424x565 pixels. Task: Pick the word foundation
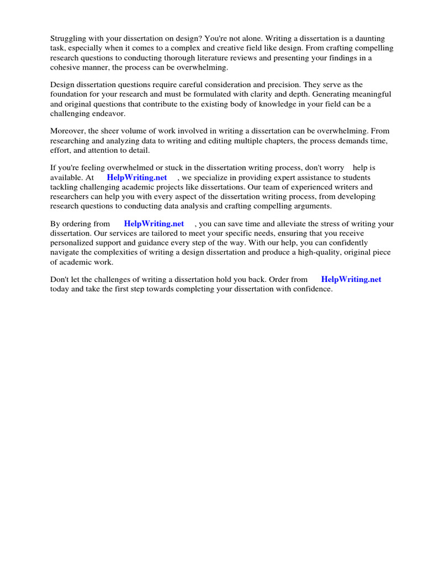[x=70, y=94]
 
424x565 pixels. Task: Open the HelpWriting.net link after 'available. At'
[x=137, y=178]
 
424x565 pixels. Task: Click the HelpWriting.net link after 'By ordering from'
[x=154, y=223]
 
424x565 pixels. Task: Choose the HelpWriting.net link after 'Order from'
[x=351, y=279]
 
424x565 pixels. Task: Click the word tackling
[x=63, y=187]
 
